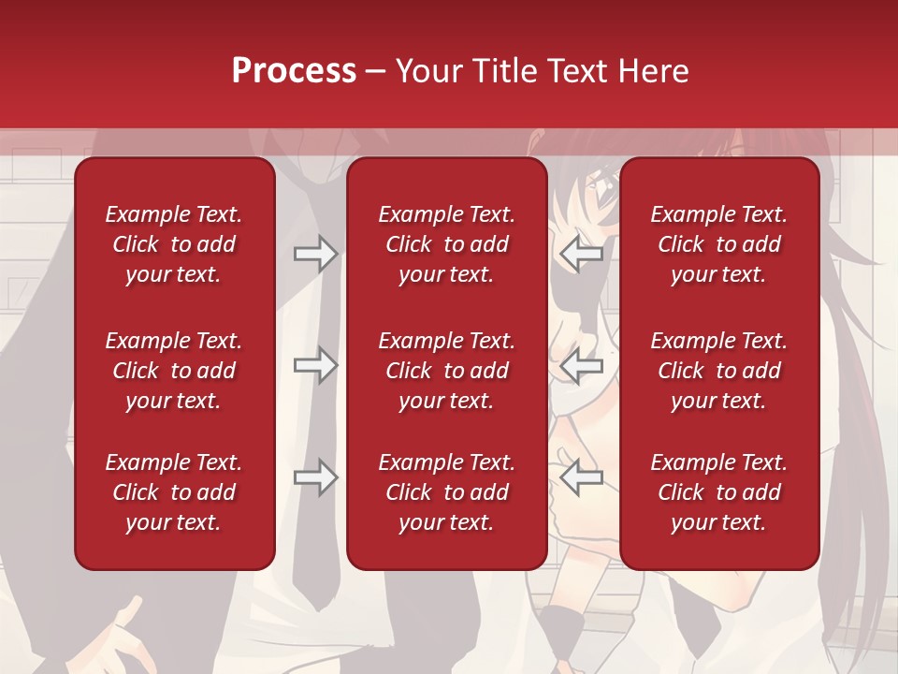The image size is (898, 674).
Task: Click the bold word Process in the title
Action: pos(294,71)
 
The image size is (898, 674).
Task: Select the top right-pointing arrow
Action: pos(316,254)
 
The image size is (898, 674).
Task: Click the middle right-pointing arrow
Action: pos(316,365)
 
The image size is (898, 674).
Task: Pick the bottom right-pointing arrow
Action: pos(316,478)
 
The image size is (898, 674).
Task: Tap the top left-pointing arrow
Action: pos(582,254)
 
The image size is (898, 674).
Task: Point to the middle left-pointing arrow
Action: pos(582,365)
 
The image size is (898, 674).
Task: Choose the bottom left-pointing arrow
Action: pos(582,478)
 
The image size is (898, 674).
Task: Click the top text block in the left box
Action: pos(174,244)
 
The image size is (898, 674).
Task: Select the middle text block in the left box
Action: pos(174,371)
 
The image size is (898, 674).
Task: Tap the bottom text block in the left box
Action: pos(174,492)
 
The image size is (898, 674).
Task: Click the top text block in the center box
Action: pos(447,244)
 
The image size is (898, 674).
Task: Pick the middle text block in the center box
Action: pos(447,371)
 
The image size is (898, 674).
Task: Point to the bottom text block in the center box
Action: pos(447,492)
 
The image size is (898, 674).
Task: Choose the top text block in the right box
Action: pos(719,244)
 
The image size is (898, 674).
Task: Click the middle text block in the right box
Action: pos(719,371)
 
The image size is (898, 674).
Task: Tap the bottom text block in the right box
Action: pos(719,492)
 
